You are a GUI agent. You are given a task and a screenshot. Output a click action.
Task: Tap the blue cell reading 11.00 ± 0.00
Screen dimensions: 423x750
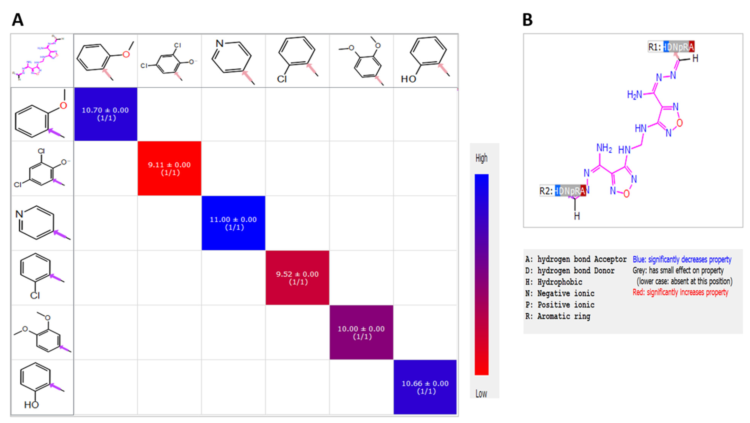[233, 223]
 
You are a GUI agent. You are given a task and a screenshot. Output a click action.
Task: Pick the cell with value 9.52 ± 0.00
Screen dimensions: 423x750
[297, 277]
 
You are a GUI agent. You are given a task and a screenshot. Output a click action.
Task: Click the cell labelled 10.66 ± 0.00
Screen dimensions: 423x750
[425, 387]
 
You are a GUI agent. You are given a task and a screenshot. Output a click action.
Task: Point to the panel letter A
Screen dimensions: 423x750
[17, 20]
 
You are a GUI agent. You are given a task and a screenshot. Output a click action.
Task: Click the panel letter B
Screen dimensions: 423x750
[528, 20]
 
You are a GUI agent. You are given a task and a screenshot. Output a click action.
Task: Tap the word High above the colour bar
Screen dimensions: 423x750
[481, 158]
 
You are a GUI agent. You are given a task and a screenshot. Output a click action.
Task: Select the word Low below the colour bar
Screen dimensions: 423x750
[481, 394]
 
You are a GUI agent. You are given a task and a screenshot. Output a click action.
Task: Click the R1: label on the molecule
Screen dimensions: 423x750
[655, 47]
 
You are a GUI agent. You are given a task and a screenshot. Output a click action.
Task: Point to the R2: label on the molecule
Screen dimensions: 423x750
[546, 191]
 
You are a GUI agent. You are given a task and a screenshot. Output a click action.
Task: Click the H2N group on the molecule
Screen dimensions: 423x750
[634, 94]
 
